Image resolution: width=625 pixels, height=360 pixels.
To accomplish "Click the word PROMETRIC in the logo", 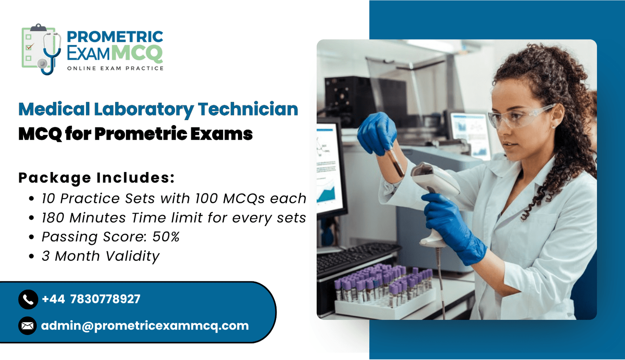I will [x=115, y=37].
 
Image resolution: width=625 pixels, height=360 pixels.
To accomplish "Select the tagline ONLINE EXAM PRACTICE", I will [x=115, y=68].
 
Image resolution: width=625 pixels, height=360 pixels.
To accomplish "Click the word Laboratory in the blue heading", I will [x=144, y=109].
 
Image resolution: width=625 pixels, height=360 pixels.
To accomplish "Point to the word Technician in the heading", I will [x=248, y=109].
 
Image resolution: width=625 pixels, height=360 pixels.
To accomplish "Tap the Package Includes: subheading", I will [x=96, y=178].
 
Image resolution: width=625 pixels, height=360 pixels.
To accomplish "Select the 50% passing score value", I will [x=166, y=237].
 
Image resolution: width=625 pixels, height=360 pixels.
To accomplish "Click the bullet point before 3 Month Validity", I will [x=32, y=256].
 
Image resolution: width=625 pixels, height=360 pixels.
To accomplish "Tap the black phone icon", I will [x=28, y=299].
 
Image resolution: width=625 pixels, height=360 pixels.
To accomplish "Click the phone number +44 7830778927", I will [x=91, y=299].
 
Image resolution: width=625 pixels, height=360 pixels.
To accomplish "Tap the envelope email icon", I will [x=28, y=326].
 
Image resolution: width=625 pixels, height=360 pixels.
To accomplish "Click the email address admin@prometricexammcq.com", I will [x=145, y=326].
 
